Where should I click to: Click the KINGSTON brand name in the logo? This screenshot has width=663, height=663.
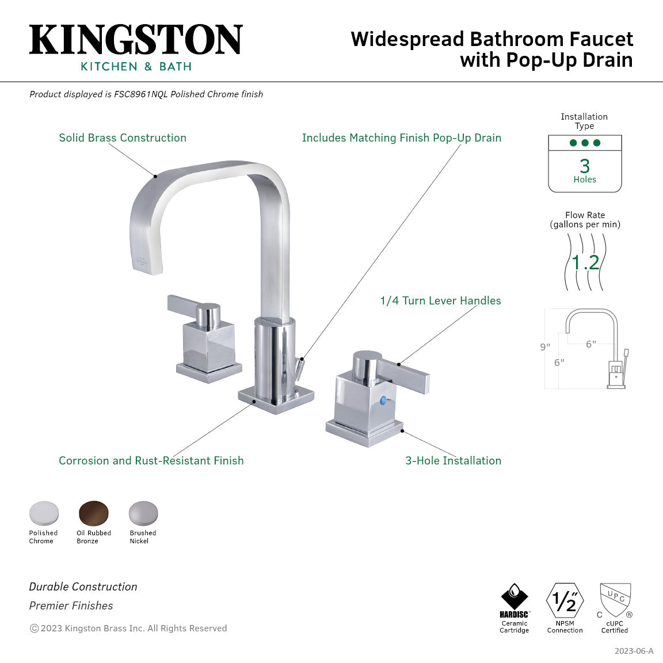(136, 40)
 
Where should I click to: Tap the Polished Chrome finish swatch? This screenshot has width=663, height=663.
(44, 513)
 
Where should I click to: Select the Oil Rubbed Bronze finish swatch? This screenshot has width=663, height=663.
(93, 513)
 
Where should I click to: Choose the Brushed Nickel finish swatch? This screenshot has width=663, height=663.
(143, 513)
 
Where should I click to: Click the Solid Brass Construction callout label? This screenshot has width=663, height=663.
(123, 138)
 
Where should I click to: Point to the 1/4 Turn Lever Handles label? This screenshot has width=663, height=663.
(440, 301)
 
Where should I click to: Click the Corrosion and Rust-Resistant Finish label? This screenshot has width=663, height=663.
(151, 461)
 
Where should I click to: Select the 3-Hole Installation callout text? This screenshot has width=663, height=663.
(454, 461)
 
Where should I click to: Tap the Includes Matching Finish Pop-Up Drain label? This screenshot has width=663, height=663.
(402, 138)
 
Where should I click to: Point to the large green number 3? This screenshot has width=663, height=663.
(585, 166)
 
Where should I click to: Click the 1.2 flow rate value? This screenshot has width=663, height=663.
(585, 262)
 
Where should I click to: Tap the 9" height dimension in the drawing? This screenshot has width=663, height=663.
(545, 347)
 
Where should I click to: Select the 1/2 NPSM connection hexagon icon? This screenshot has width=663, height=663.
(565, 601)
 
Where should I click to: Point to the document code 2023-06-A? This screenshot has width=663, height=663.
(634, 651)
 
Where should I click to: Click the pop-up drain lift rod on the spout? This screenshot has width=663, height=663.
(299, 368)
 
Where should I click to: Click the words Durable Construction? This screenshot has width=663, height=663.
(83, 587)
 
